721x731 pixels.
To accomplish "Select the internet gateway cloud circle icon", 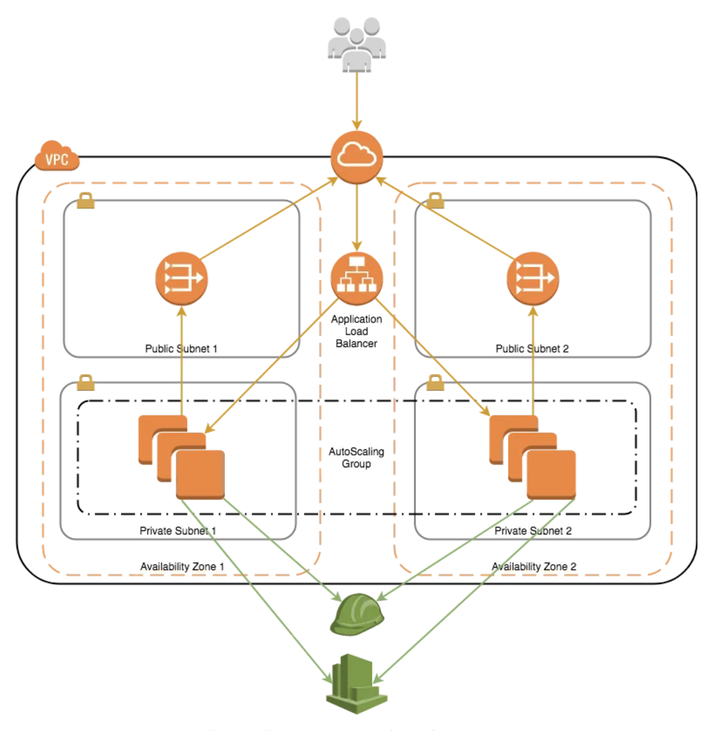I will (356, 157).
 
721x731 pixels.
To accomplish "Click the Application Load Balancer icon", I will (356, 279).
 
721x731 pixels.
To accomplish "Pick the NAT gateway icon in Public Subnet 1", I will (182, 279).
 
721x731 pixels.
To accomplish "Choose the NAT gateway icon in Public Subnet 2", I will (532, 279).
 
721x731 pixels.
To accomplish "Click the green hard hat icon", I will (356, 615).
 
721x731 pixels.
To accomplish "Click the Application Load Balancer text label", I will (356, 331).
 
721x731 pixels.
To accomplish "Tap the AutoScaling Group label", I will (356, 458).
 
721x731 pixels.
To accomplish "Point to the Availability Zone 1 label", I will (182, 567).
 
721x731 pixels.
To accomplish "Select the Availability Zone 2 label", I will (534, 567).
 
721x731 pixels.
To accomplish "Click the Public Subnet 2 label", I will (532, 348).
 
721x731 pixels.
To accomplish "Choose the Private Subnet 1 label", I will (177, 530).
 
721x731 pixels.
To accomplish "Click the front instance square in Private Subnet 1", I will (201, 474).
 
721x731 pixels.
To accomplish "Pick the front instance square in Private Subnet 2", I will (551, 474).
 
